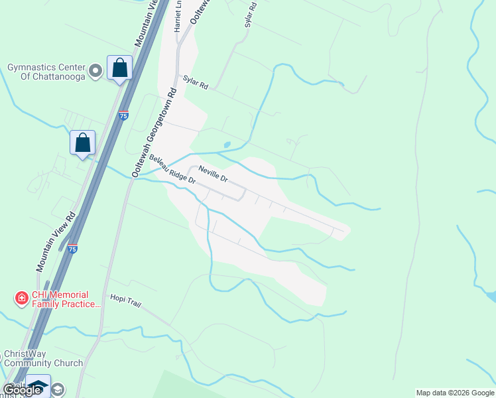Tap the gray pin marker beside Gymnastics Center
pyautogui.click(x=96, y=70)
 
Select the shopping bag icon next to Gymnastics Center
pyautogui.click(x=120, y=68)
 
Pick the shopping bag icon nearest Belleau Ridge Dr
pyautogui.click(x=83, y=143)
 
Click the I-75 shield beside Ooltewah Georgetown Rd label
pyautogui.click(x=123, y=115)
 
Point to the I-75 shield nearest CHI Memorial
pyautogui.click(x=72, y=249)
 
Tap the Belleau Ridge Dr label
pyautogui.click(x=172, y=170)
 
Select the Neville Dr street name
pyautogui.click(x=213, y=174)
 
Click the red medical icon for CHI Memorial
pyautogui.click(x=22, y=299)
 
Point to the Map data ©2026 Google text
pyautogui.click(x=454, y=393)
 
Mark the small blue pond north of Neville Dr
pyautogui.click(x=227, y=145)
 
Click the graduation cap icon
pyautogui.click(x=38, y=386)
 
